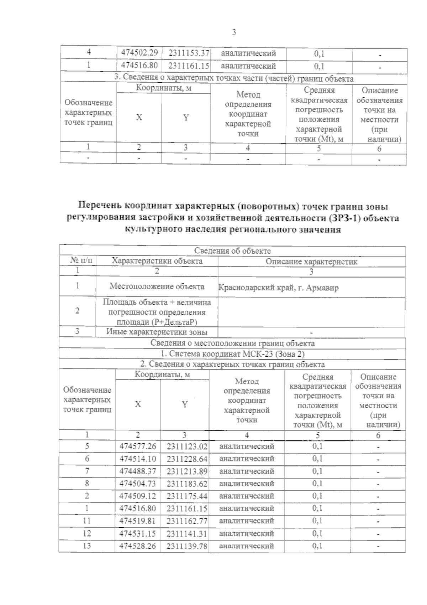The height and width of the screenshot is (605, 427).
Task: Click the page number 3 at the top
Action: pos(234,32)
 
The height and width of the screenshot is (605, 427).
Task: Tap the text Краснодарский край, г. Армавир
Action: pos(278,288)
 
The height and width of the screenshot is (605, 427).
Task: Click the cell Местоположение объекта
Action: pos(157,286)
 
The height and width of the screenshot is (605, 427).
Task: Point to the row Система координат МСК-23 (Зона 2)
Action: pos(232,354)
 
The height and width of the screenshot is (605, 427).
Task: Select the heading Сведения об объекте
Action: pos(232,251)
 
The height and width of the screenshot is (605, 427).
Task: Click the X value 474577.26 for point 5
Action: pos(138,446)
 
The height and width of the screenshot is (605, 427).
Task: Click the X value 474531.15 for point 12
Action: pos(138,533)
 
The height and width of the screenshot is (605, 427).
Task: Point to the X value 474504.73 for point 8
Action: pos(138,484)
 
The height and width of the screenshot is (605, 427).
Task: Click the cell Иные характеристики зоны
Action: pos(157,332)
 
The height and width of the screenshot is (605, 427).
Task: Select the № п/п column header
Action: pos(78,261)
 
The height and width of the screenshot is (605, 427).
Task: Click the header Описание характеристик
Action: pos(311,262)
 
